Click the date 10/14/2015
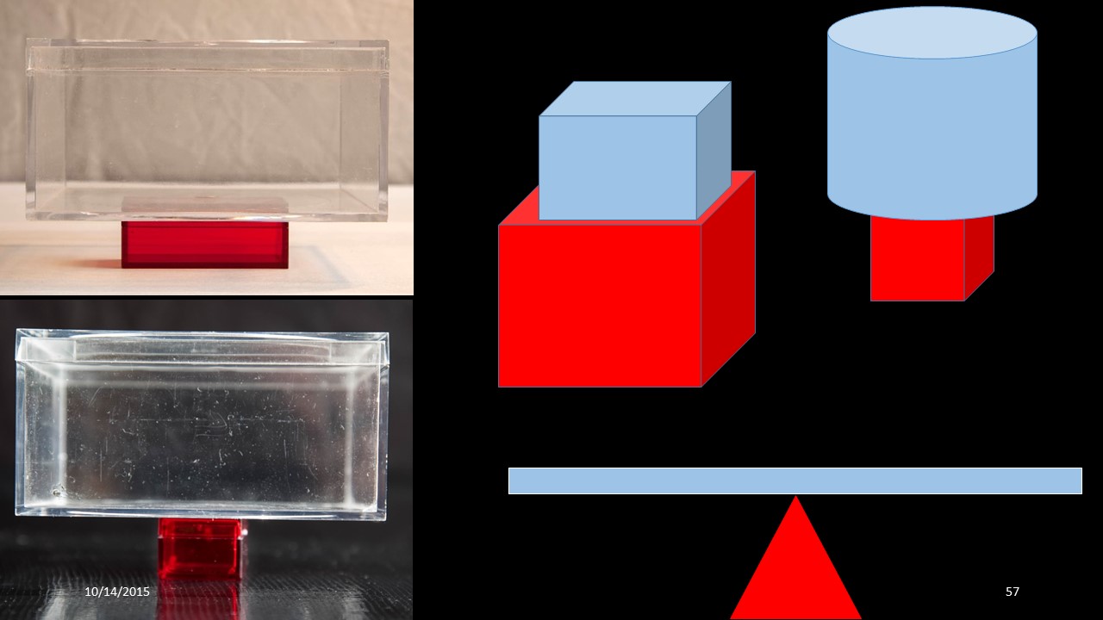117,592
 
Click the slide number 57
1012,592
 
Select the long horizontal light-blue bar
795,480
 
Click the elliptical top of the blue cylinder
932,33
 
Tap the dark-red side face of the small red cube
979,257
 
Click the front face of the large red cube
600,305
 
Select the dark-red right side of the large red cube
728,279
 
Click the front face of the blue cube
618,167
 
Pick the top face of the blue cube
635,98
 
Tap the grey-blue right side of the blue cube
714,150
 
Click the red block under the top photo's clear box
205,245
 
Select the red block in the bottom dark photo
201,548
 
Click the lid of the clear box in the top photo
208,55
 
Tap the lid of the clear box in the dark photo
202,347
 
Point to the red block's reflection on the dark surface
199,598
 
